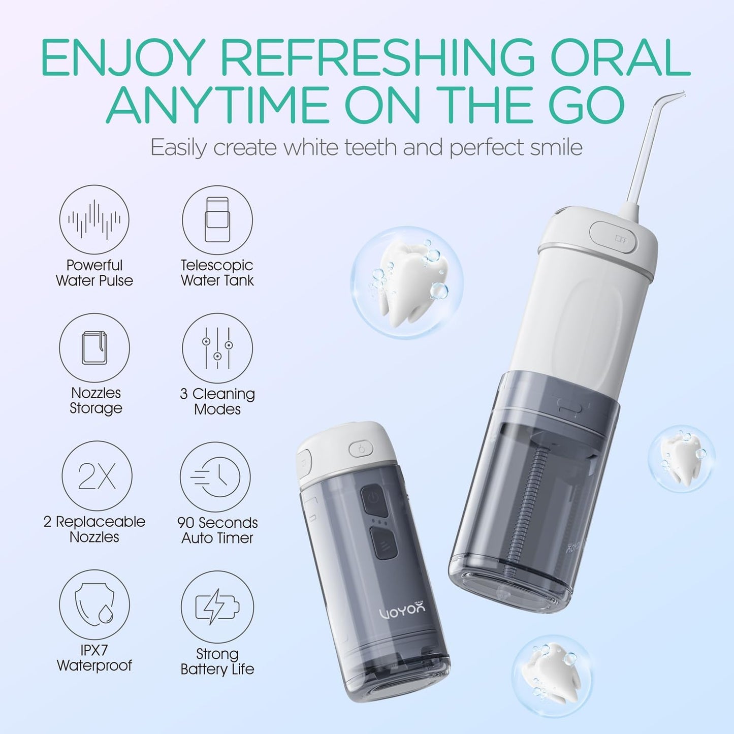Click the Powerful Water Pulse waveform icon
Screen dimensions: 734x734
point(94,219)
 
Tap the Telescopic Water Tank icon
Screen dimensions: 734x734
point(217,219)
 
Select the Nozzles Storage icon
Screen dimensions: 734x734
point(94,348)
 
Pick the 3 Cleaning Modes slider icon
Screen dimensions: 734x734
point(217,348)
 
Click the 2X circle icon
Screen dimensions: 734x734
point(97,476)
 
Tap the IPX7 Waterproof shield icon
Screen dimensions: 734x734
point(94,604)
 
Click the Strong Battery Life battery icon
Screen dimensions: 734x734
point(217,606)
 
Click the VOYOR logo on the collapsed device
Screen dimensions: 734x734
point(402,610)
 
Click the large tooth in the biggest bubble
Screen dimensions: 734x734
point(406,283)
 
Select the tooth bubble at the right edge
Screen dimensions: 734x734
point(681,459)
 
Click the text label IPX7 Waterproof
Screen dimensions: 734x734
point(94,658)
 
